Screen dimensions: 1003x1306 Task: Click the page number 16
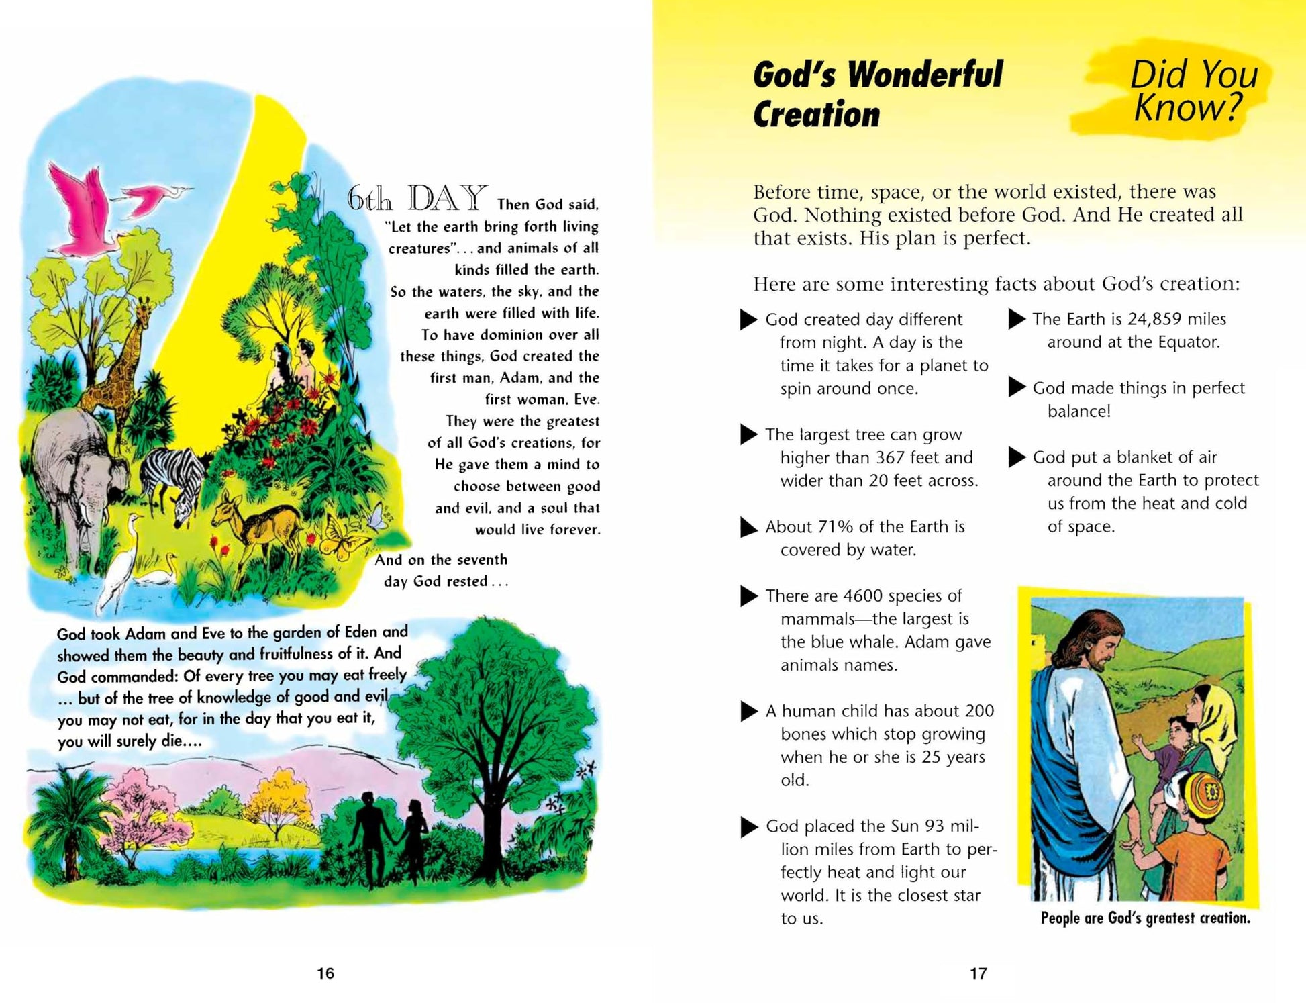point(325,973)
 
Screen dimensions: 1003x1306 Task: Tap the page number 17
point(978,973)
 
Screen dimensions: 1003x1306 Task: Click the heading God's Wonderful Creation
point(876,94)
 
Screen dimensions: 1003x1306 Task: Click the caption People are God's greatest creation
point(1145,918)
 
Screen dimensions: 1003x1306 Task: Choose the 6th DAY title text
point(416,199)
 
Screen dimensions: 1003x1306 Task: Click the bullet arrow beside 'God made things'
point(1017,387)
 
